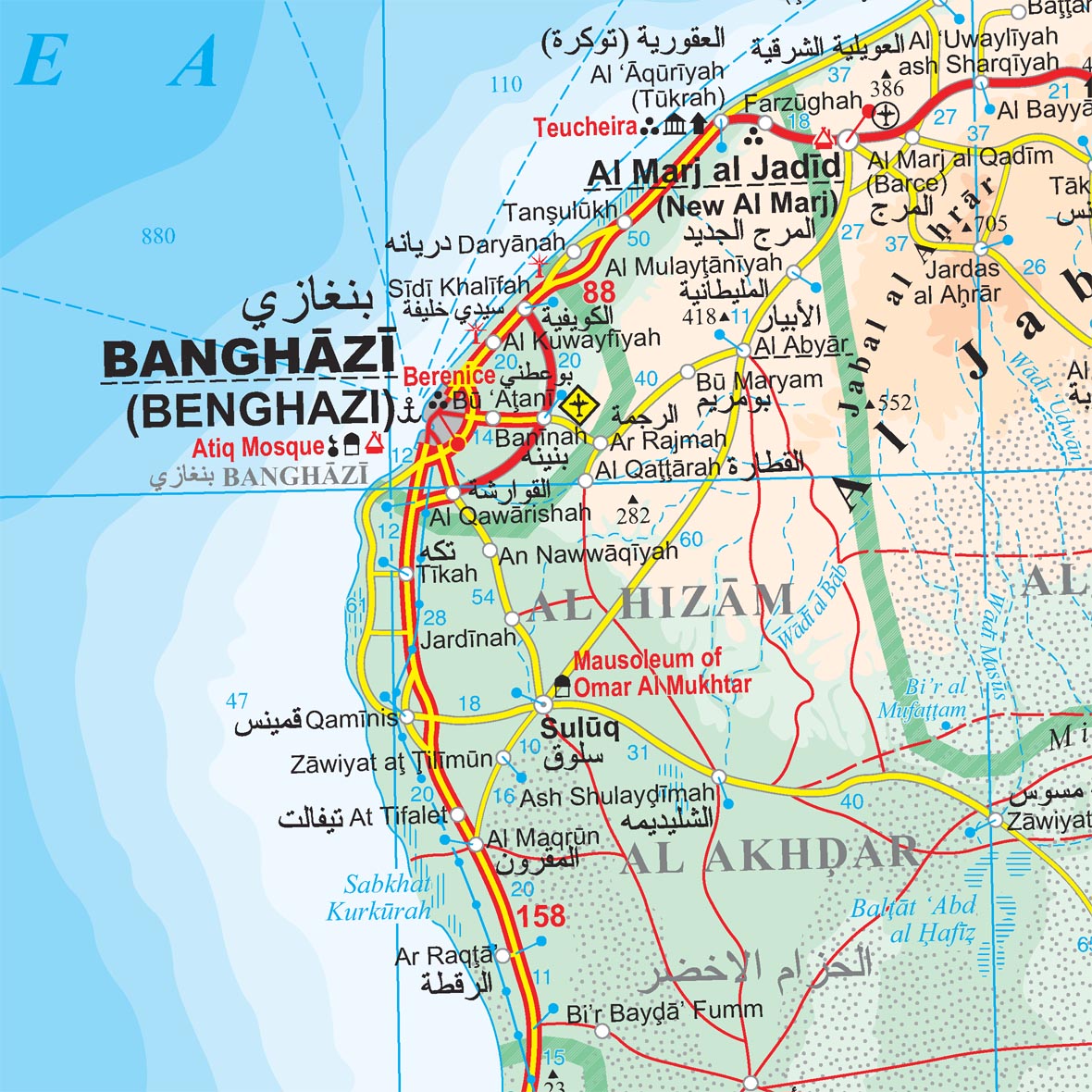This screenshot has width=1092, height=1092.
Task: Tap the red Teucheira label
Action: [585, 128]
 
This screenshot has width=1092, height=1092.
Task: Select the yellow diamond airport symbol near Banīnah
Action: [580, 405]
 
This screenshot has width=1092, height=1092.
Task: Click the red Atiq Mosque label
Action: [258, 448]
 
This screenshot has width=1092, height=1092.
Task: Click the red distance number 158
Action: [541, 916]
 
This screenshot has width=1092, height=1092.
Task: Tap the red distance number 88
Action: [599, 292]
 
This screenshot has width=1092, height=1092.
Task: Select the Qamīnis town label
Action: [351, 719]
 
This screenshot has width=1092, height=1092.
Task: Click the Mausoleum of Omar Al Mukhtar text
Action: [662, 673]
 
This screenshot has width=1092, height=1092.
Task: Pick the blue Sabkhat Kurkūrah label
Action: [381, 898]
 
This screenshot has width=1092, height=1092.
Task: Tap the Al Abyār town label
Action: [800, 346]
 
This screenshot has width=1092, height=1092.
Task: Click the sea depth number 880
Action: [158, 237]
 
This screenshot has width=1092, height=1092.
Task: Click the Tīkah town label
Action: [446, 574]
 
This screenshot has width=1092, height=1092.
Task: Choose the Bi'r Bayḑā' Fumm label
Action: [664, 1011]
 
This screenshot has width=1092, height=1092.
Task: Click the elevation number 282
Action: [633, 515]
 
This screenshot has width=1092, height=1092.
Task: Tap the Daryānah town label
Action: [511, 244]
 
